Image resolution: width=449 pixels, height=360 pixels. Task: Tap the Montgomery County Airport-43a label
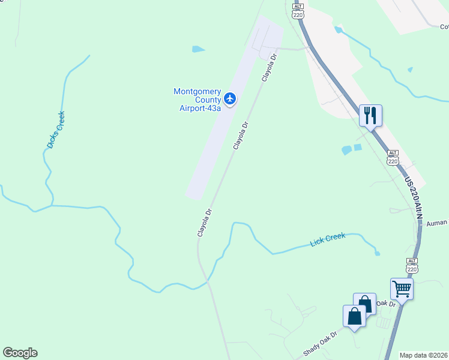point(197,100)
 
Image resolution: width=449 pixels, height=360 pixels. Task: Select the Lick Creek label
point(328,240)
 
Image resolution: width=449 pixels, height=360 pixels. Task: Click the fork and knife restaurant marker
point(370,115)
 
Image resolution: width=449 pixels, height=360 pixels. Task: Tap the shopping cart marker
point(402,289)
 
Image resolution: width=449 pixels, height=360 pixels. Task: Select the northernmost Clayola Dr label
point(269,67)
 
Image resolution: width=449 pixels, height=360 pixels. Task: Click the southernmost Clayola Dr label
point(205,222)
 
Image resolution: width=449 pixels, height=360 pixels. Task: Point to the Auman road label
point(438,223)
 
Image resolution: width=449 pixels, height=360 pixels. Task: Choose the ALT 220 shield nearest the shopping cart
point(412,265)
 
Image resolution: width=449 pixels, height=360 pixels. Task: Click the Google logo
point(20,353)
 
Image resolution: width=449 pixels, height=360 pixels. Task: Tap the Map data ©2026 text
point(424,355)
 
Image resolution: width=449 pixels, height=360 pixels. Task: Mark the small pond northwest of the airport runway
point(198,49)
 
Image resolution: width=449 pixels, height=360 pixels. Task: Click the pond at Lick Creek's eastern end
point(377,253)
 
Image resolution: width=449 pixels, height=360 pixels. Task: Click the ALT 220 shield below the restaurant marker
point(393,157)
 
